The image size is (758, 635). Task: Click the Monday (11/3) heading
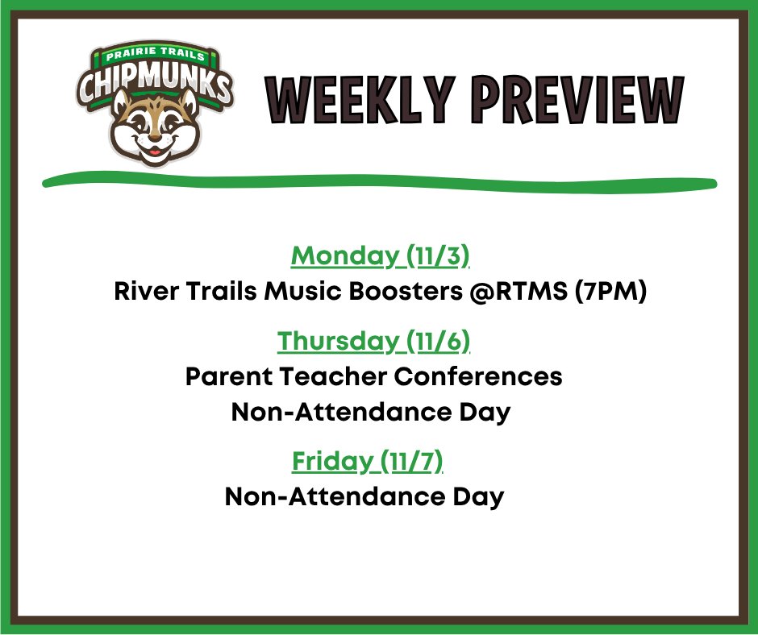(380, 256)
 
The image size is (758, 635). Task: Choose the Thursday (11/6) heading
(373, 342)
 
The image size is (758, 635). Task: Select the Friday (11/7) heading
(368, 463)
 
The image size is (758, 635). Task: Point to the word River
(145, 292)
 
